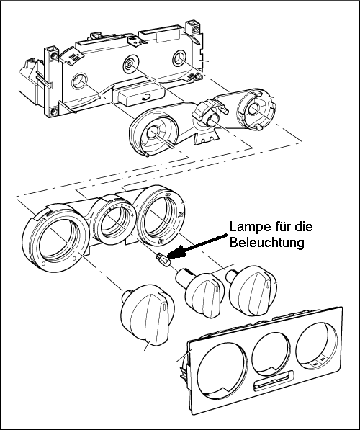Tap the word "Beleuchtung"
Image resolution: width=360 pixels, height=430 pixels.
[x=267, y=243]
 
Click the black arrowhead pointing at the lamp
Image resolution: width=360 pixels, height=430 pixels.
[x=176, y=251]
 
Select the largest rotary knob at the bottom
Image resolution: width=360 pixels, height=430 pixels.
[x=147, y=315]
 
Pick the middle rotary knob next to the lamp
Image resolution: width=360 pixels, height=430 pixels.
[x=201, y=292]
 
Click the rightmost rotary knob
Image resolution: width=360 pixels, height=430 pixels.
[x=251, y=290]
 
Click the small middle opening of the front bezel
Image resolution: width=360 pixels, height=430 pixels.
[x=271, y=354]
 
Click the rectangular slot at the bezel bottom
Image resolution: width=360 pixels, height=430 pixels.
[x=274, y=380]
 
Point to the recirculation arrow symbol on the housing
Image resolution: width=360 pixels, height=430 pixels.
[x=147, y=97]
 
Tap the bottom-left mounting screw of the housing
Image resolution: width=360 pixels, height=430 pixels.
[x=54, y=112]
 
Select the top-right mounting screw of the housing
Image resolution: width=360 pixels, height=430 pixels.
[x=196, y=29]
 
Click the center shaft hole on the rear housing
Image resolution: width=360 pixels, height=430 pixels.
[x=129, y=64]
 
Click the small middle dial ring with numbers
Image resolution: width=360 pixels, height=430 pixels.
[x=113, y=220]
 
